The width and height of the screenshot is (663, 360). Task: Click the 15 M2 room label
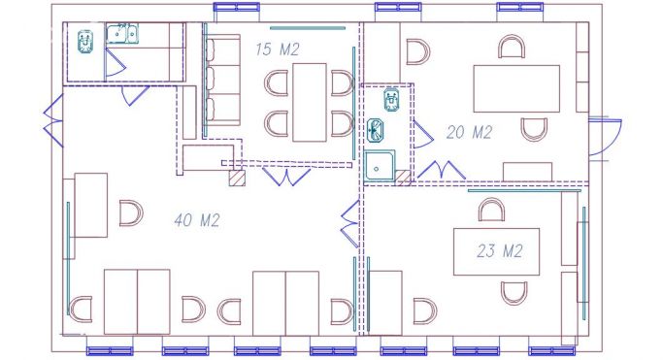pyautogui.click(x=278, y=49)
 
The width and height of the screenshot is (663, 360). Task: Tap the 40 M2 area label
pyautogui.click(x=197, y=220)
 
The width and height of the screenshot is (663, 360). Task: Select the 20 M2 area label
pyautogui.click(x=470, y=133)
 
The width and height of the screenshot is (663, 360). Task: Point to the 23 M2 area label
pyautogui.click(x=500, y=251)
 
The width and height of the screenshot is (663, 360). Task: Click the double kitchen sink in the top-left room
pyautogui.click(x=121, y=34)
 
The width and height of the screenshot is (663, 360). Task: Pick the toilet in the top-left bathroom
pyautogui.click(x=85, y=42)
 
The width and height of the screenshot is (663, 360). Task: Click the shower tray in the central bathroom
pyautogui.click(x=380, y=167)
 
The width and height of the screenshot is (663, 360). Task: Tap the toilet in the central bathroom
pyautogui.click(x=392, y=100)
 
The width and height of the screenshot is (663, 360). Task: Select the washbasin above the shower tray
pyautogui.click(x=376, y=130)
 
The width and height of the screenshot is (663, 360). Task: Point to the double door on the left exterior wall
pyautogui.click(x=53, y=121)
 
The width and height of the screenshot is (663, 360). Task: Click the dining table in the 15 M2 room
pyautogui.click(x=310, y=102)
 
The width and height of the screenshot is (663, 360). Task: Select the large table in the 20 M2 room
pyautogui.click(x=516, y=88)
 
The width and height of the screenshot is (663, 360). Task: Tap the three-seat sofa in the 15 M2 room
pyautogui.click(x=222, y=81)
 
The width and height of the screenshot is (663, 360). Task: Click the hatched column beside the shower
pyautogui.click(x=403, y=178)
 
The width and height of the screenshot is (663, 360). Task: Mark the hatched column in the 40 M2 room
pyautogui.click(x=237, y=178)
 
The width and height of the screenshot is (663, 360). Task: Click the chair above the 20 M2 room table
pyautogui.click(x=512, y=47)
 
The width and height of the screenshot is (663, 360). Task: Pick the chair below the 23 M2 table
pyautogui.click(x=514, y=293)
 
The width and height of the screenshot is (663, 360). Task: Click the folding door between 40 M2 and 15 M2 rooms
pyautogui.click(x=286, y=177)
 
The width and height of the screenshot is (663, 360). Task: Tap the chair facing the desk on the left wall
pyautogui.click(x=131, y=213)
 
